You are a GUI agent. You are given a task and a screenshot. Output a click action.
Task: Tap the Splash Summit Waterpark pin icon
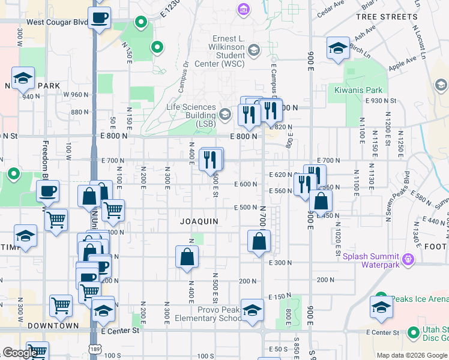tap(409, 259)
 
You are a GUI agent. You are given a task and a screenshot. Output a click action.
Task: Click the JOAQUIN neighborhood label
tap(199, 221)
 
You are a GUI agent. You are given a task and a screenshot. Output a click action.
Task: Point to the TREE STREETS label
tap(386, 17)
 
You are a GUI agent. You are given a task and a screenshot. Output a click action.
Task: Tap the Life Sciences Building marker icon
tap(225, 114)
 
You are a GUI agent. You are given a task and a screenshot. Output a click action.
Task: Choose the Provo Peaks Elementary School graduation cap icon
tap(253, 310)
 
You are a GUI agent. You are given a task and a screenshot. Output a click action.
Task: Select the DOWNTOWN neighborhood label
tap(56, 325)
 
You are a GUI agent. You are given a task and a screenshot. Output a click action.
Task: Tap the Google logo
tap(19, 353)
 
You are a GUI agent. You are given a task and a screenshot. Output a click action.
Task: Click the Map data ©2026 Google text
tap(411, 355)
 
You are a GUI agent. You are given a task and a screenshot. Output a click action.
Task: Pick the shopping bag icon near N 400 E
tap(187, 256)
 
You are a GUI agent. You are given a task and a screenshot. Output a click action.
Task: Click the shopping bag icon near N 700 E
tap(259, 242)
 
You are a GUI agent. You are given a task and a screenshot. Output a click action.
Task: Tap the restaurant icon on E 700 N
tap(211, 159)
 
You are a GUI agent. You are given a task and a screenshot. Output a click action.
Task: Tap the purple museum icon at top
tap(243, 10)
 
